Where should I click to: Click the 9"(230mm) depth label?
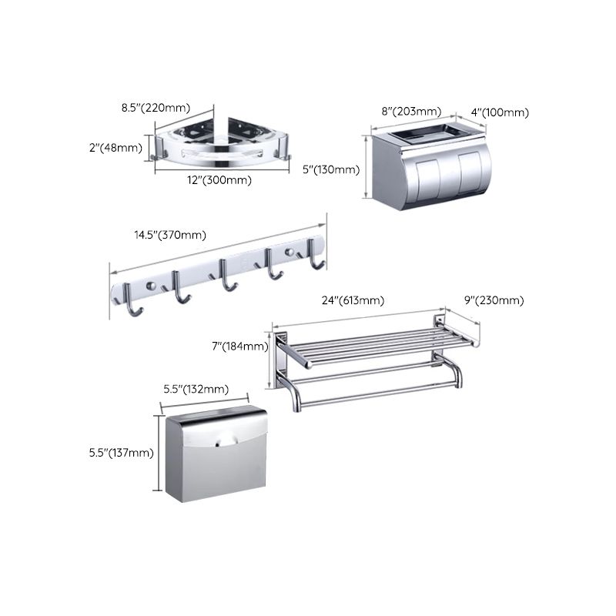[493, 300]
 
